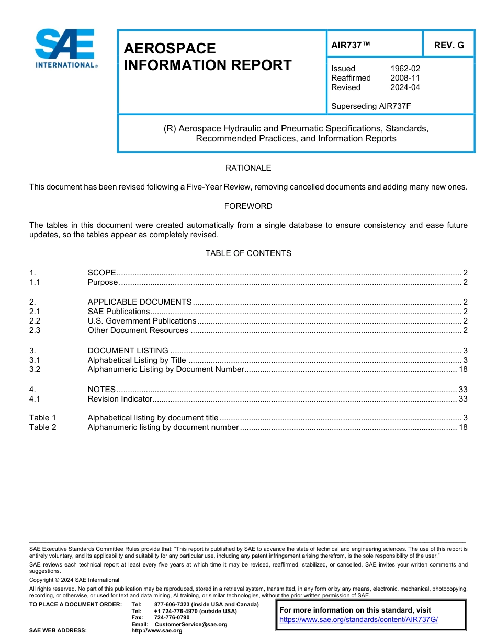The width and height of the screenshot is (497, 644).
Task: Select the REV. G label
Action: (x=449, y=45)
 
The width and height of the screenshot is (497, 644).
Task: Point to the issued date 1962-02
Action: (x=405, y=69)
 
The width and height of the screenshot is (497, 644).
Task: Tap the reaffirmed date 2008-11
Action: (x=405, y=78)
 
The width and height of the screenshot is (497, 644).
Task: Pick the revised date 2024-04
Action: (x=405, y=87)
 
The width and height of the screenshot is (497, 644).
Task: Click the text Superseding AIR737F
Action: (x=371, y=106)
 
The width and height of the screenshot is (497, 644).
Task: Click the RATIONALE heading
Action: (x=248, y=168)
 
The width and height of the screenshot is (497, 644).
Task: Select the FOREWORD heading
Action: (x=248, y=206)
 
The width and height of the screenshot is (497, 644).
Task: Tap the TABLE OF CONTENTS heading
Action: (x=248, y=253)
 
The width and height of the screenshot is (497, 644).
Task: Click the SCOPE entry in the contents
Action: (x=101, y=273)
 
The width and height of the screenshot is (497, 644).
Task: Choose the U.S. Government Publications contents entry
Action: (x=142, y=321)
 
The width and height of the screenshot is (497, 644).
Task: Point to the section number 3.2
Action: (x=35, y=369)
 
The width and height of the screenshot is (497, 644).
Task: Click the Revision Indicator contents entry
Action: (x=120, y=399)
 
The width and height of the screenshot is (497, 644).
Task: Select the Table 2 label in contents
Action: (x=42, y=427)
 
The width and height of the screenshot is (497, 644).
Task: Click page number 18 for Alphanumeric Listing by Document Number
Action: (x=462, y=369)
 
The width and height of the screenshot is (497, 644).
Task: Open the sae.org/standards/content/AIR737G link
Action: (x=358, y=619)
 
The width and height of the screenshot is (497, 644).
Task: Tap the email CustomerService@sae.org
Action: (x=191, y=624)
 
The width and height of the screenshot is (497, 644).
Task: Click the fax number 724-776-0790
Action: (x=172, y=618)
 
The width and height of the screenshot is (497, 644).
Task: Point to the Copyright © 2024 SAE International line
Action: (x=74, y=580)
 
